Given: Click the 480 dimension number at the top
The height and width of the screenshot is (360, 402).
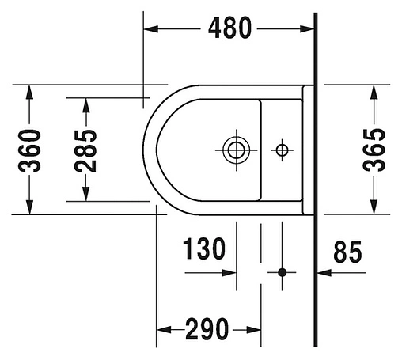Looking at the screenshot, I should [x=229, y=28].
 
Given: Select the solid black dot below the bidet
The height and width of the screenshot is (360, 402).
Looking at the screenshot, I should [x=281, y=272].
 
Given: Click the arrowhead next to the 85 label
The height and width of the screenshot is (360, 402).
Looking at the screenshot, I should [x=322, y=272].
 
